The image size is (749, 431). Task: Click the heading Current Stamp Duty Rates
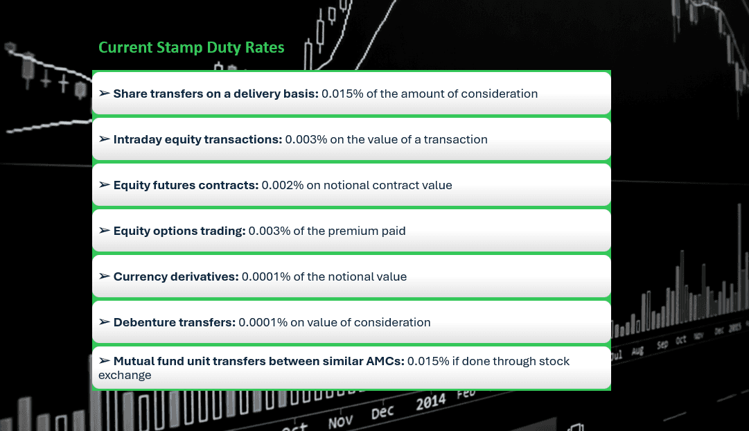coord(191,48)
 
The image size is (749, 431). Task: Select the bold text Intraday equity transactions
coord(197,139)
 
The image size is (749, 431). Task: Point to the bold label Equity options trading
coord(179,231)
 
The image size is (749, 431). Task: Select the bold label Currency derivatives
coord(176,276)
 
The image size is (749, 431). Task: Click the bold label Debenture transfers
coord(175,322)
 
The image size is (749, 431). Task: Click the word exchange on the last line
coord(125,375)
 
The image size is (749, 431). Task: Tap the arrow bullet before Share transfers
coord(104,94)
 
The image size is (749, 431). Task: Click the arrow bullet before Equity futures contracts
coord(104,185)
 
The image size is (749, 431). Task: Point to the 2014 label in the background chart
coord(430,402)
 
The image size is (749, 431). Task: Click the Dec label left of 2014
coord(382,412)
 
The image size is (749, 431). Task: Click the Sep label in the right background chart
coord(662,344)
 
